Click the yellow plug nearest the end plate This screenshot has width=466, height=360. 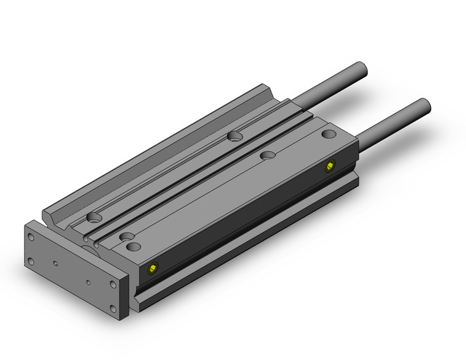click(153, 267)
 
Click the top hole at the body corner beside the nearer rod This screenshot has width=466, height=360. click(329, 134)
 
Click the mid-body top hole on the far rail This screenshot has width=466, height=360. click(234, 135)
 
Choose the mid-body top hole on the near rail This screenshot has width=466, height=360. click(267, 156)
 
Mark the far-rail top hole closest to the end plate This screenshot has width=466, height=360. click(94, 217)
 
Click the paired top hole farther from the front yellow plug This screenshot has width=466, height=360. click(126, 236)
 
